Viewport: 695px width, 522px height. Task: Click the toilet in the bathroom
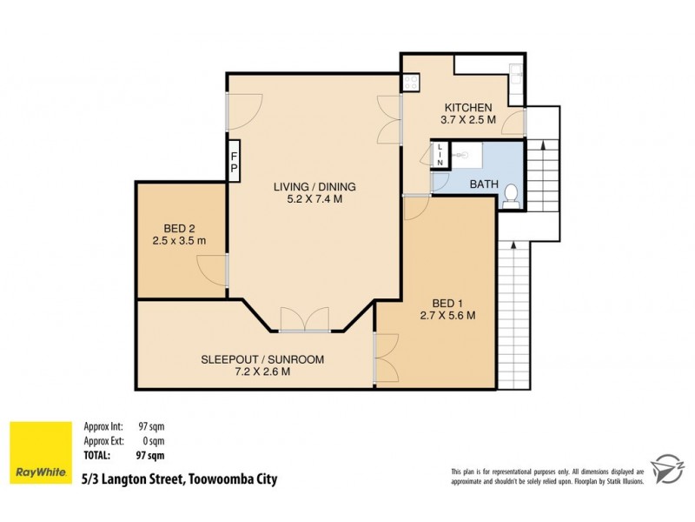(x=512, y=196)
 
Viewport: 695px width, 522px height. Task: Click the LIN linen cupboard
(x=440, y=155)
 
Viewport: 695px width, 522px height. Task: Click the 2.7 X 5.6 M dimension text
(x=447, y=316)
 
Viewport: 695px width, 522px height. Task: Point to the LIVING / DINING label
(x=314, y=186)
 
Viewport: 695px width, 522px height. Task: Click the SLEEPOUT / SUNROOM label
(x=250, y=358)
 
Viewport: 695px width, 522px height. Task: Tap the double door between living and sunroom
(x=305, y=320)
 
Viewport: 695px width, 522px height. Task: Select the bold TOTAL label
(x=96, y=454)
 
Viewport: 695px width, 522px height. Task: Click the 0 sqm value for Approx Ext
(x=150, y=440)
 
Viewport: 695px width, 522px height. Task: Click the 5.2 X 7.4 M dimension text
(x=314, y=199)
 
